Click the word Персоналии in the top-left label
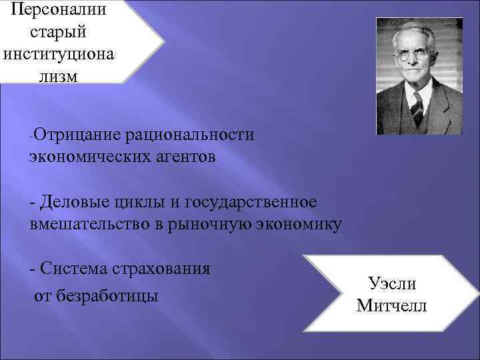coord(57,11)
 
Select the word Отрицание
coord(75,135)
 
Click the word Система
coord(75,269)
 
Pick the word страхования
coord(164,269)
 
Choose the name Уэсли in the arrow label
coord(392,283)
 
